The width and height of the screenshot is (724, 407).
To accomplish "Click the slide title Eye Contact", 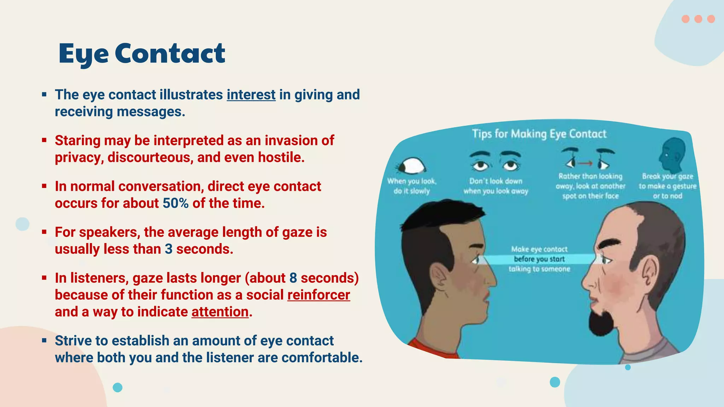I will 142,53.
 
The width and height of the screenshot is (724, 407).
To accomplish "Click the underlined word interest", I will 251,95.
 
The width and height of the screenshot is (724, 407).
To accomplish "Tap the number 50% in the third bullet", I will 175,203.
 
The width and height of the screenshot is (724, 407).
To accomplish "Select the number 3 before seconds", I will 169,249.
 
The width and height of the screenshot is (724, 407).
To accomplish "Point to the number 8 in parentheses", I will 293,278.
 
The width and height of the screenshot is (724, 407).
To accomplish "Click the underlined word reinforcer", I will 319,295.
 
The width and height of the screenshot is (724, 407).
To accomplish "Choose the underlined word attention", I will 220,312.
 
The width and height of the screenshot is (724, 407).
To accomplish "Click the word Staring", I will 77,141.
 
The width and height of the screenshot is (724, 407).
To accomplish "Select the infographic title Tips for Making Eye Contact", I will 539,134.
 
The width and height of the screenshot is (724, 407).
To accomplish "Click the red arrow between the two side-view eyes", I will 585,163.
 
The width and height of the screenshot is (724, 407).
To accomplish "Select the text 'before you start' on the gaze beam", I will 539,259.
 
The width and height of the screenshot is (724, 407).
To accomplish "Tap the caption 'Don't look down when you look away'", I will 496,186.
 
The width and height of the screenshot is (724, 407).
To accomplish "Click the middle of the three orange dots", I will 698,19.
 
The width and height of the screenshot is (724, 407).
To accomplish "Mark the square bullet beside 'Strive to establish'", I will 44,341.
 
